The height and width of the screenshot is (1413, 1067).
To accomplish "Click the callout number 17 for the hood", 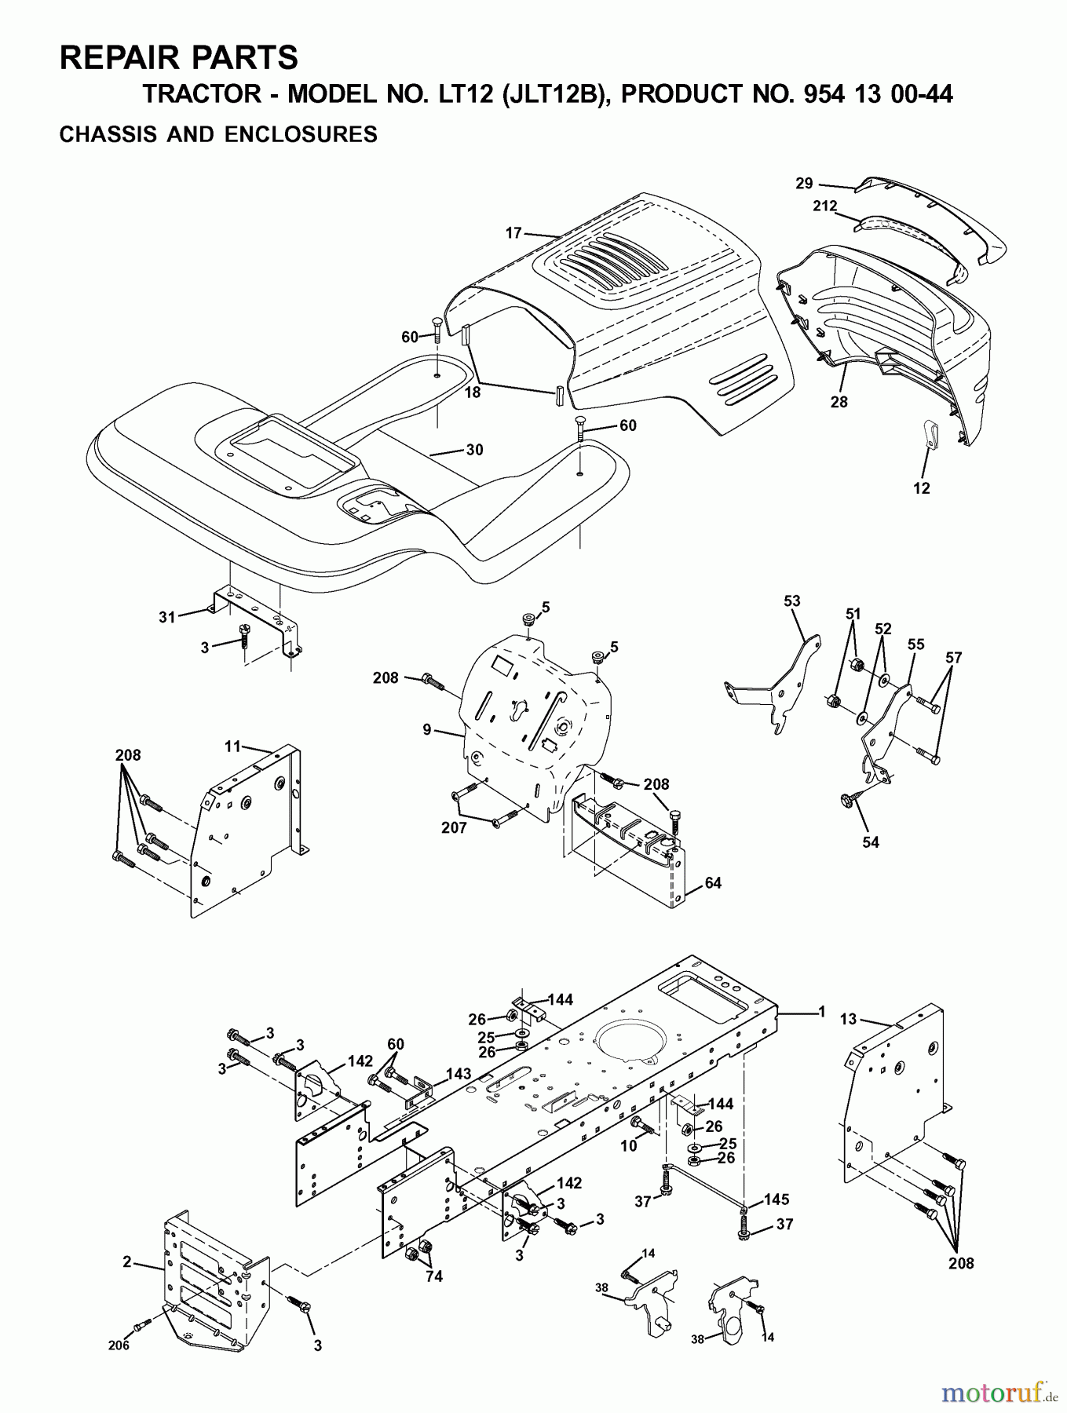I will (513, 232).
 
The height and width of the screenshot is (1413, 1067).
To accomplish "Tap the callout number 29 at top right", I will (803, 184).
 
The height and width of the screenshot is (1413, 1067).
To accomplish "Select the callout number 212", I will (824, 206).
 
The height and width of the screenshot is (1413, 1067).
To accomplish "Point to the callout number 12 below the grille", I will (922, 488).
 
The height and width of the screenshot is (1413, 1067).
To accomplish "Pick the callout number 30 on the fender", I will (474, 450).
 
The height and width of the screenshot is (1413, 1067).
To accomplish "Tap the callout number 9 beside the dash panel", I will (426, 730).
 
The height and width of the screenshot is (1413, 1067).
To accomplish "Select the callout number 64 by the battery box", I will (712, 883).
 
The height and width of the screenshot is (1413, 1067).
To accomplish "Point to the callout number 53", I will (791, 601).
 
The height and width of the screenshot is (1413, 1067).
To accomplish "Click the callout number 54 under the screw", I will (870, 842).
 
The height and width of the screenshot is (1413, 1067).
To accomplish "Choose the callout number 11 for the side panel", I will (232, 747).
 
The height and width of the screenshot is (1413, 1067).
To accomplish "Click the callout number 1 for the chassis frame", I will (821, 1013).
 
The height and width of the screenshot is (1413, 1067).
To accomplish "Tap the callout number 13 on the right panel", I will (848, 1019).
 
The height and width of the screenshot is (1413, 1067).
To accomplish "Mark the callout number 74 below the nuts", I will (433, 1276).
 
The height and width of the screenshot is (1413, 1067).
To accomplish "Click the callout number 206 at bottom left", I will (119, 1345).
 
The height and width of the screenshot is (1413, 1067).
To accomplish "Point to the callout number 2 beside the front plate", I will (126, 1262).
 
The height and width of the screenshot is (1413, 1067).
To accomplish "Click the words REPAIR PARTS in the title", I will (179, 58).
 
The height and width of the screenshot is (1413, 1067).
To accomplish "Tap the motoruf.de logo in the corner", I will (998, 1393).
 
